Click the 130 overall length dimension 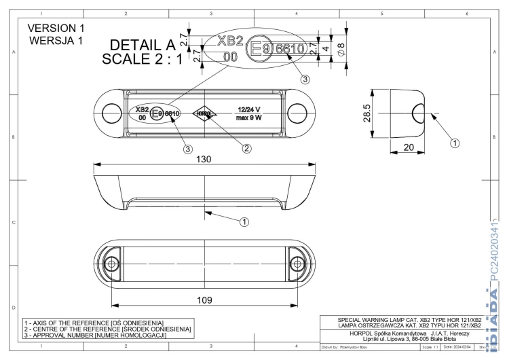tap(204, 159)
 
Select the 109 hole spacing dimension tap(204, 299)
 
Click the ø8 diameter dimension tap(341, 50)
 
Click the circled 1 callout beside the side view tap(456, 143)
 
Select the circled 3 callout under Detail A tap(305, 79)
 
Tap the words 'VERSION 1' tap(57, 29)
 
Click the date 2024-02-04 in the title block tap(459, 346)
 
